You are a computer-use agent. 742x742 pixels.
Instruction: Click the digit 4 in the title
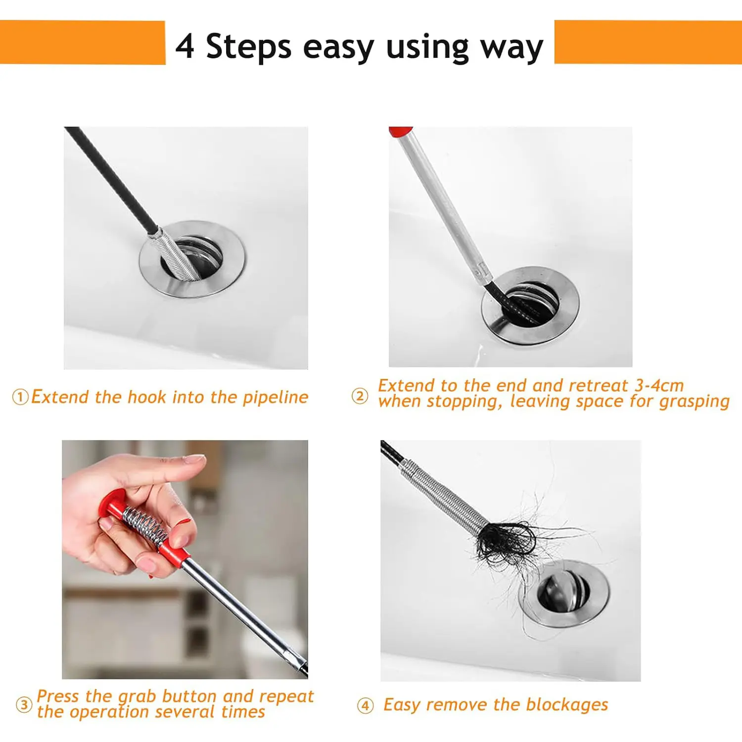click(x=185, y=46)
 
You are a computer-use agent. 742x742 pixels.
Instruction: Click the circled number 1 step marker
click(x=20, y=397)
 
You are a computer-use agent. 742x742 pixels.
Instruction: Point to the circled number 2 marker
click(x=360, y=396)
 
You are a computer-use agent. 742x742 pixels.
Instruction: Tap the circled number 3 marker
click(x=24, y=704)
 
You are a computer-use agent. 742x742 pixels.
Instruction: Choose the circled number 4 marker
click(x=365, y=705)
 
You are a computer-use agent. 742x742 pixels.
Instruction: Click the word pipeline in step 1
click(x=276, y=398)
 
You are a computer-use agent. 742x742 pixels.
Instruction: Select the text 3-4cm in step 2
click(x=659, y=385)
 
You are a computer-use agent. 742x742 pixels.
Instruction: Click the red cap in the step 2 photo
click(x=400, y=132)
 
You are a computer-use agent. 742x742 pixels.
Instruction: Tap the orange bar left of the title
click(x=83, y=42)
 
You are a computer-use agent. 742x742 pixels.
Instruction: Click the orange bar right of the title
click(x=648, y=42)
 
